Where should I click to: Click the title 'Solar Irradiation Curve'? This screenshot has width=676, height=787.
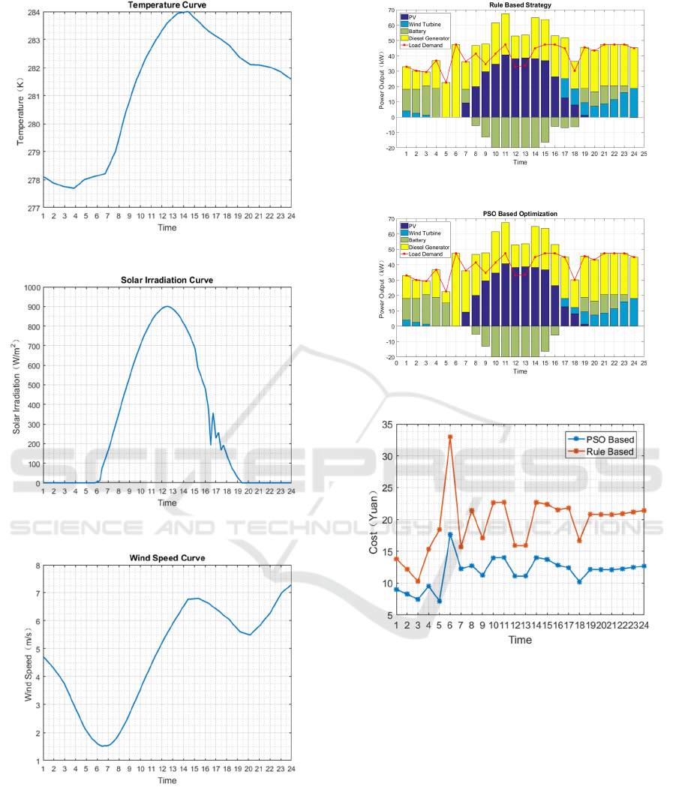tap(167, 280)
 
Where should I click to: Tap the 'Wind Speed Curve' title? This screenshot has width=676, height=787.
tap(167, 558)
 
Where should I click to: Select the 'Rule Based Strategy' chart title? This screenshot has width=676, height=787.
tap(520, 5)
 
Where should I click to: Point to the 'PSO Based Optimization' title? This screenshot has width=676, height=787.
tap(520, 214)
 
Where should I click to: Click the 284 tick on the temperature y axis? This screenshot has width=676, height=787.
tap(33, 12)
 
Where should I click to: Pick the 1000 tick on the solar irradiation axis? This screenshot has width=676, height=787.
tap(30, 287)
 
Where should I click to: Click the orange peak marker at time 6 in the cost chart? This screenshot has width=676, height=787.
tap(450, 437)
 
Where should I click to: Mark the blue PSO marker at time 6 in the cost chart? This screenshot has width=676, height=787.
tap(450, 535)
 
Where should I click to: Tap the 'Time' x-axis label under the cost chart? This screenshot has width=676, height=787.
tap(520, 640)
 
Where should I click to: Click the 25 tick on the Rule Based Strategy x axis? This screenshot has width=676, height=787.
tap(644, 153)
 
